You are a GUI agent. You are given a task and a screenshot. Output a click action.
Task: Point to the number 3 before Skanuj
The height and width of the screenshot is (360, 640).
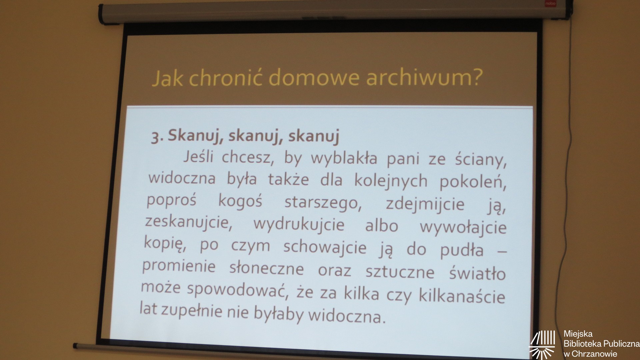coord(155,137)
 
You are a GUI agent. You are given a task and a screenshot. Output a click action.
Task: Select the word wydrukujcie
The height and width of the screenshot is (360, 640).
coord(299,224)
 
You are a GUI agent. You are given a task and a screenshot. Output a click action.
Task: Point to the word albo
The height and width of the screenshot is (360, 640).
coord(382,226)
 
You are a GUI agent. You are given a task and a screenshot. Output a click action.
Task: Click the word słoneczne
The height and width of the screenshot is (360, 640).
coord(266,269)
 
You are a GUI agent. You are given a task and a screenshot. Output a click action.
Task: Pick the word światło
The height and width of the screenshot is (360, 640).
coord(477,272)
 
